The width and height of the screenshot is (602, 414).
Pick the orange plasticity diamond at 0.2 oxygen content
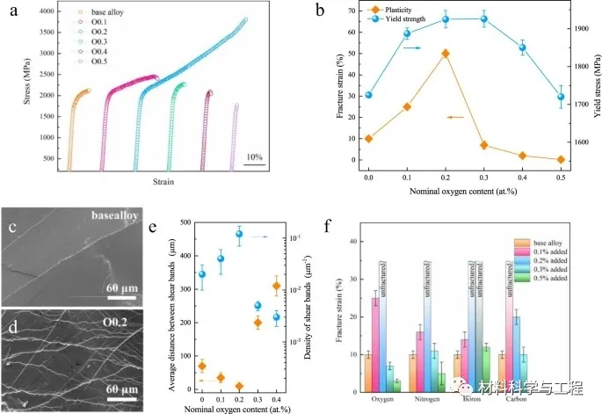(x=446, y=54)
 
